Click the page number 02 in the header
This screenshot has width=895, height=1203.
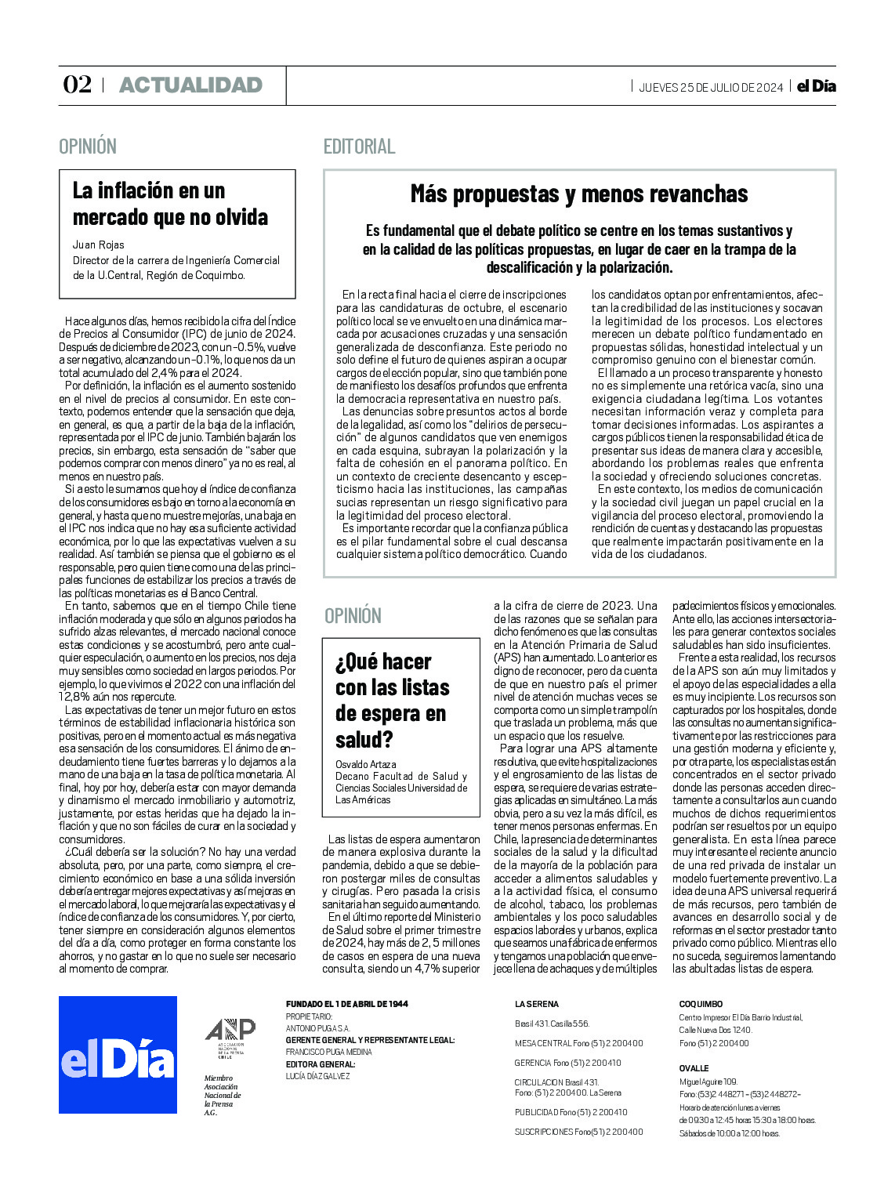(77, 85)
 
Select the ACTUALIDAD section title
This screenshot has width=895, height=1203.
(190, 85)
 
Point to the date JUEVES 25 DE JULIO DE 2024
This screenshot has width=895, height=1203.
(711, 88)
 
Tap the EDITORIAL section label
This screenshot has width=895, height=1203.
(359, 147)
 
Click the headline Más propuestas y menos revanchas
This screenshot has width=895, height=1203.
(579, 194)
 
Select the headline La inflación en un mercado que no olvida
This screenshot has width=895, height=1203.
(170, 204)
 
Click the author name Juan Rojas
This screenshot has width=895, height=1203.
(98, 245)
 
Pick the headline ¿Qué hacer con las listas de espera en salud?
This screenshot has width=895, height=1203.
(392, 700)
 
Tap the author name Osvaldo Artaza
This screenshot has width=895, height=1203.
(364, 764)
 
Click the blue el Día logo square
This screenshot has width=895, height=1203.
(118, 1054)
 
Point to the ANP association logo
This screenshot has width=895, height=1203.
(230, 1036)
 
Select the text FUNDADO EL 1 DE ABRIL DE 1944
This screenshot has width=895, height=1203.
(346, 1004)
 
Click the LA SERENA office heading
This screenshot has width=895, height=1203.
(537, 1004)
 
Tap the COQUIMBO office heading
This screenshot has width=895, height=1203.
(701, 1004)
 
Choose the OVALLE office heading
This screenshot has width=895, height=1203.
(694, 1068)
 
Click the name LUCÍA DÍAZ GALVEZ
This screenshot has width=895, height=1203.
(317, 1076)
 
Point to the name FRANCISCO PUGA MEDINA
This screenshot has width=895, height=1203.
(328, 1052)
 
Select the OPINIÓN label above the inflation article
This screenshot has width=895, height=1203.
(88, 147)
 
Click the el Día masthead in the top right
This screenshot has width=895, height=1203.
(816, 86)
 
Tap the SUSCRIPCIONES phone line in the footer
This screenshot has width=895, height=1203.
(578, 1132)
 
